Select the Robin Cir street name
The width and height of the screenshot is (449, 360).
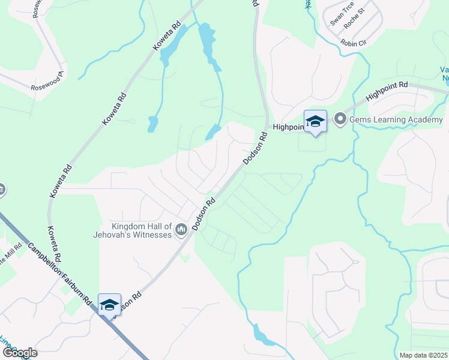click(352, 43)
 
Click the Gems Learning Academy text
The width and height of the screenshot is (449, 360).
click(396, 120)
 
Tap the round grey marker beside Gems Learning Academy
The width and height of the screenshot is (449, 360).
click(340, 119)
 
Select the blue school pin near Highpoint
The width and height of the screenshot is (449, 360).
click(315, 122)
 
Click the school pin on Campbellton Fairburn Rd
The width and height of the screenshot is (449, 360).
click(109, 305)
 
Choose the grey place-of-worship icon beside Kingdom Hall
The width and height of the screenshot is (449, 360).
click(180, 230)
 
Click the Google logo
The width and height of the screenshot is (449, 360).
click(19, 352)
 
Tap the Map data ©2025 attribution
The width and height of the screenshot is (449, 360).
click(423, 355)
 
